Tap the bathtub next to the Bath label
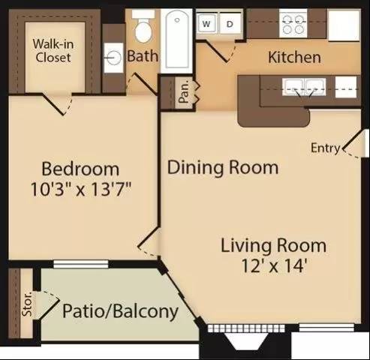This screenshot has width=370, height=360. pyautogui.click(x=176, y=41)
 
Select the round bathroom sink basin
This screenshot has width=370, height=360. pyautogui.click(x=113, y=58)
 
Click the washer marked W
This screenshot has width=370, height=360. pyautogui.click(x=207, y=24)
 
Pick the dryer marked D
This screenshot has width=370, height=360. pyautogui.click(x=230, y=24)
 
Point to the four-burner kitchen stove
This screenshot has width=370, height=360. pyautogui.click(x=293, y=24)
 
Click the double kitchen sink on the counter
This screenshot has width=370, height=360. pyautogui.click(x=304, y=87)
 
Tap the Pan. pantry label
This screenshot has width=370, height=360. pyautogui.click(x=185, y=93)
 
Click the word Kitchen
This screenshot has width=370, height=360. pyautogui.click(x=294, y=57)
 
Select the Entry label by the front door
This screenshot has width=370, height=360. pyautogui.click(x=326, y=148)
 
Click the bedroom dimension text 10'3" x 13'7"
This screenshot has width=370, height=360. pyautogui.click(x=81, y=190)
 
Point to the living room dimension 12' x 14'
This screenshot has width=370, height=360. pyautogui.click(x=274, y=265)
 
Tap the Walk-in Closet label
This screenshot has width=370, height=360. pyautogui.click(x=53, y=51)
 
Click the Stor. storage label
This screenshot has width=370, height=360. pyautogui.click(x=27, y=304)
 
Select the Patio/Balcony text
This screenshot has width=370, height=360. pyautogui.click(x=120, y=311)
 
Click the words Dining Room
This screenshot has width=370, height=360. pyautogui.click(x=223, y=167)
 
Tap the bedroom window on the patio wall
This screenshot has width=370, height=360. pyautogui.click(x=81, y=264)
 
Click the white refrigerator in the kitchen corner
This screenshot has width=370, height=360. pyautogui.click(x=344, y=25)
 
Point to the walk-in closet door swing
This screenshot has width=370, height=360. pyautogui.click(x=59, y=103)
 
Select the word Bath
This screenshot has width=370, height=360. pyautogui.click(x=143, y=56)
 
